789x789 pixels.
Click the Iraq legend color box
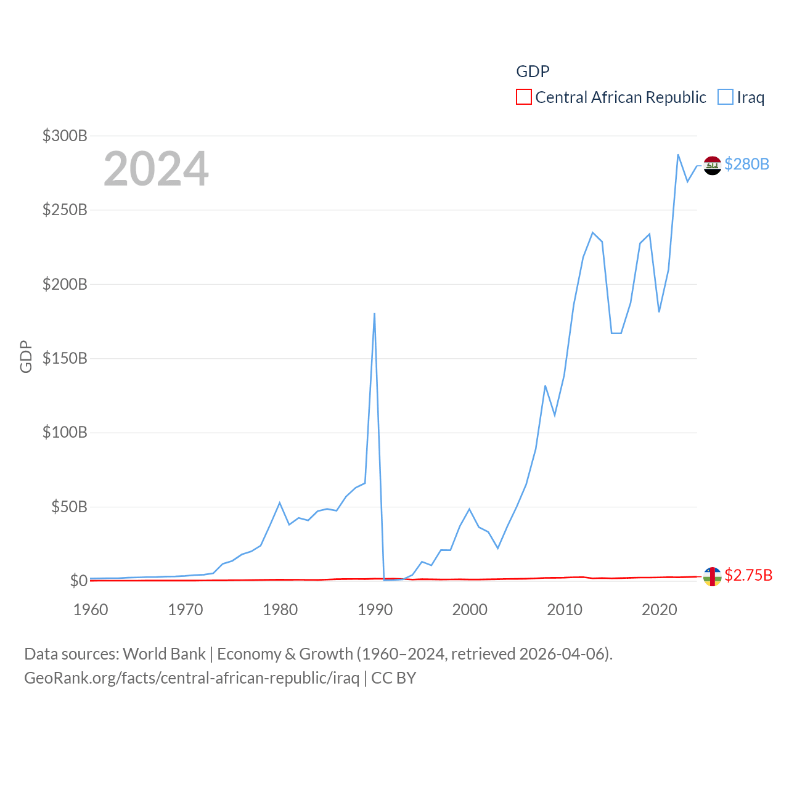coord(726,97)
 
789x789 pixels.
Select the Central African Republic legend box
coord(524,97)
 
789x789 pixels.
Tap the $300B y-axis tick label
coord(65,136)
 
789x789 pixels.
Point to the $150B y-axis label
coord(65,358)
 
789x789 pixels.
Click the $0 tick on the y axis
coord(78,581)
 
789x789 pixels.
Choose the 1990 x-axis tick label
coord(375,610)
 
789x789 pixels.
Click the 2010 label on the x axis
coord(565,610)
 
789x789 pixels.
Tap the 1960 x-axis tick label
coord(91,610)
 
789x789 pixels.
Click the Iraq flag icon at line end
coord(713,165)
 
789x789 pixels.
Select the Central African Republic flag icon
coord(713,576)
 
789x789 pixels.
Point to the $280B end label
coord(746,164)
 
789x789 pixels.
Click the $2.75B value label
coord(748,575)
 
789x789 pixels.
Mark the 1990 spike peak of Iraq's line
coord(374,314)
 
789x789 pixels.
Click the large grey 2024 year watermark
coord(156,169)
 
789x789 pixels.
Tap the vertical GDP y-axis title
coord(26,356)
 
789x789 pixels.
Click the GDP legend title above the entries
coord(533,72)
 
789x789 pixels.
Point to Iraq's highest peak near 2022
coord(678,155)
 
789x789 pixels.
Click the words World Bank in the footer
coord(164,653)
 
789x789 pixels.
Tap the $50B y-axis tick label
coord(69,507)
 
